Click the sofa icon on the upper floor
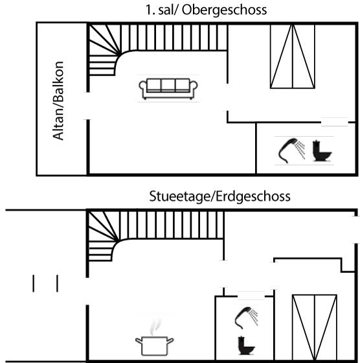point(168,89)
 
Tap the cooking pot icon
point(154,346)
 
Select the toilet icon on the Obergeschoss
point(322,150)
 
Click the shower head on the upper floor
point(288,150)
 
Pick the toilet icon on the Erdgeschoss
point(246,345)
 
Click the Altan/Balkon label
point(58,100)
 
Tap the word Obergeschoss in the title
point(224,10)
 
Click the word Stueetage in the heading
point(179,196)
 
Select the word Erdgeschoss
point(253,197)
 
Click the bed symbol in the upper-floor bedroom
point(293,56)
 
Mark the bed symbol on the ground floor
point(315,327)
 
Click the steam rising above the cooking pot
point(155,327)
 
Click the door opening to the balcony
point(88,106)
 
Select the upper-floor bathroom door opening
point(335,122)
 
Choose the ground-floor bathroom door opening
point(251,296)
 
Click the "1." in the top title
point(150,10)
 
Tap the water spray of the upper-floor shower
point(300,149)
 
